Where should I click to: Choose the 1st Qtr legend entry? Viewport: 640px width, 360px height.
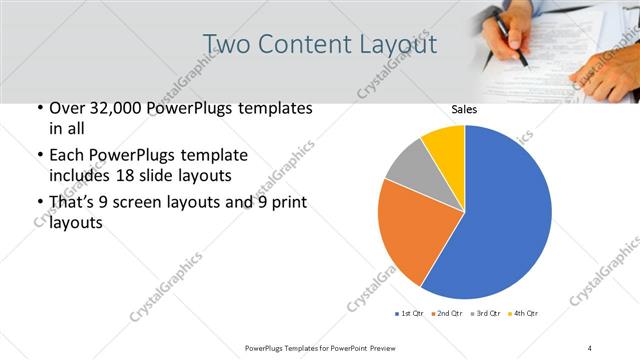[x=409, y=314]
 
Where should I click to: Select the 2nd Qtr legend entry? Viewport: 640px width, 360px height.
[x=447, y=314]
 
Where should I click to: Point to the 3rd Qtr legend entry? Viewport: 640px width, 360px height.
[x=485, y=314]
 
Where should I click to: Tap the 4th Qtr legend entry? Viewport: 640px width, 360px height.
[x=523, y=314]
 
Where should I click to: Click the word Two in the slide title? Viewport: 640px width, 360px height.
[x=224, y=44]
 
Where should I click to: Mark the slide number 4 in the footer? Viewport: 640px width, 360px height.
[x=590, y=347]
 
